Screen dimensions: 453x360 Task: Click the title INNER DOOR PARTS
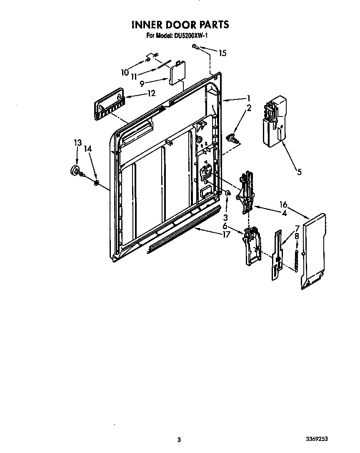point(180,25)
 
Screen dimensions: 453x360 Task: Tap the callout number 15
point(222,53)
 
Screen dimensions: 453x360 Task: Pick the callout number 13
point(77,143)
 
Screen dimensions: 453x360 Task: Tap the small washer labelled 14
point(96,182)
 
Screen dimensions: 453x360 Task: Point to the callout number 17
point(226,235)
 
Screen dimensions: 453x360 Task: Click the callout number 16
point(283,204)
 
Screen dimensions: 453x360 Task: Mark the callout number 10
point(125,72)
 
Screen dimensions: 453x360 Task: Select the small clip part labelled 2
point(233,139)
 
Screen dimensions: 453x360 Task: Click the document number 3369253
point(322,439)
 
